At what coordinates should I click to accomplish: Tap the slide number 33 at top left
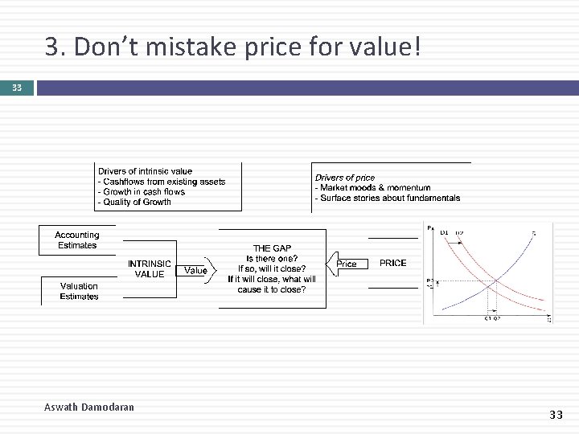[17, 88]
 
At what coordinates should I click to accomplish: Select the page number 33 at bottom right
[556, 415]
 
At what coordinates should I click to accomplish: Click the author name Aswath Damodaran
[89, 407]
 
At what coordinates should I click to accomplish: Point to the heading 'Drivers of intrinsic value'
[145, 171]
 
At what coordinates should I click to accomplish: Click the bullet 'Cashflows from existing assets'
[164, 182]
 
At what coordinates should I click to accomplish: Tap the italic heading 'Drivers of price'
[345, 178]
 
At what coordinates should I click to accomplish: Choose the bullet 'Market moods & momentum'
[375, 187]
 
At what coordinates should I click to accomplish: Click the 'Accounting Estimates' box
[77, 240]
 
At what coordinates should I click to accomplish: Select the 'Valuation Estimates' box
[79, 291]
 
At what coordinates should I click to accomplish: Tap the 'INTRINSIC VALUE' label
[150, 268]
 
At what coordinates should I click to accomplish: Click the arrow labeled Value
[195, 271]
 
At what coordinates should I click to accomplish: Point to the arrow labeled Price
[346, 264]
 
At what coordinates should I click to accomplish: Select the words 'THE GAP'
[273, 248]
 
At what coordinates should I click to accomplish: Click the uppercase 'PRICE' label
[392, 263]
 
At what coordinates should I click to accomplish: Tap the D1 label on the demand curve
[444, 232]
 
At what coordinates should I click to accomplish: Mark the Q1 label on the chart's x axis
[487, 319]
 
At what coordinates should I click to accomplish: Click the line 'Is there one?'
[272, 258]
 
